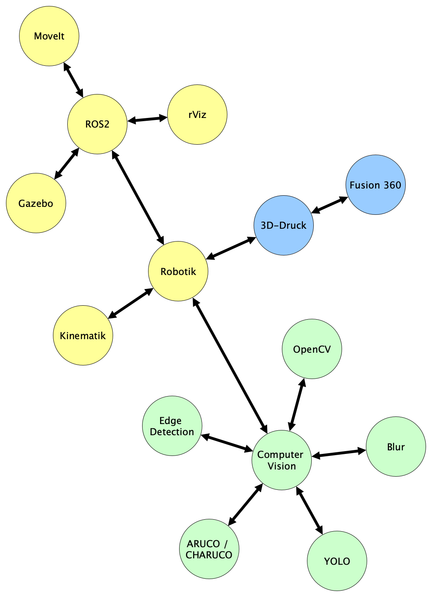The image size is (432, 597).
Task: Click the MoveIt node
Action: pos(49,36)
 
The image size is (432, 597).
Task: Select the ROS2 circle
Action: pos(97,124)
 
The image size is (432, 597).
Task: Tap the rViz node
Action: pos(197,114)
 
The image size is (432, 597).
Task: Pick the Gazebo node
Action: pos(36,203)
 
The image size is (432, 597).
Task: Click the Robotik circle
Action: pos(178,271)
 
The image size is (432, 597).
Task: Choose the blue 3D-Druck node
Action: pos(283,225)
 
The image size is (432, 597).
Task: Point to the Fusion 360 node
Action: pos(375,185)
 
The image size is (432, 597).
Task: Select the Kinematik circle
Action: pos(83,336)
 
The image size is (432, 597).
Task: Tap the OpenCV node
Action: pos(312,349)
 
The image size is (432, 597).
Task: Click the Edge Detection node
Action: pos(172,426)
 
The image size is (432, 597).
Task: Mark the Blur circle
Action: pos(396,447)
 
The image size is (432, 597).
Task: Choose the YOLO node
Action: pos(337,561)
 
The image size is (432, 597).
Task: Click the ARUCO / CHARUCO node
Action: pos(209,549)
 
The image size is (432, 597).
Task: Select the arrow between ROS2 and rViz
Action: pos(147,119)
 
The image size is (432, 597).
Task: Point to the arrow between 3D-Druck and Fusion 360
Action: pos(330,205)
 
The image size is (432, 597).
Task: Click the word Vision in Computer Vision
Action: pos(282,466)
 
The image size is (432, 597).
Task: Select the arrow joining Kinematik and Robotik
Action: pos(131,303)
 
